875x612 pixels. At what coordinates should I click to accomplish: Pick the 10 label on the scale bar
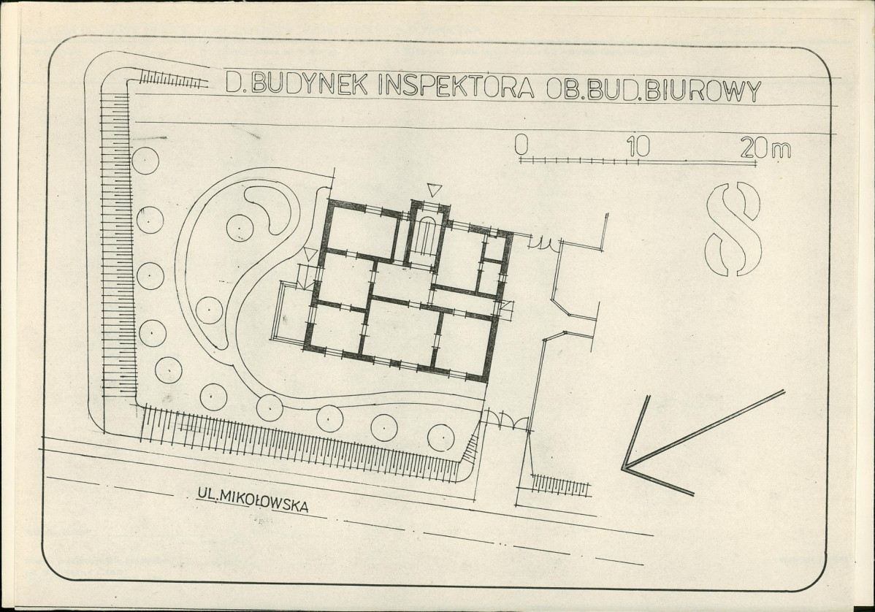[638, 146]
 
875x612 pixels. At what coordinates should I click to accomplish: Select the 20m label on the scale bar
[765, 148]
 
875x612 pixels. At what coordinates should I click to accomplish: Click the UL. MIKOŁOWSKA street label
[252, 500]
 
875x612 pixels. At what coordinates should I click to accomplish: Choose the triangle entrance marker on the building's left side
[310, 254]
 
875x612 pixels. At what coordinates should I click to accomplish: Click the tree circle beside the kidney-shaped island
[240, 228]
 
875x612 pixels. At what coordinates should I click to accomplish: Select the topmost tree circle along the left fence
[145, 161]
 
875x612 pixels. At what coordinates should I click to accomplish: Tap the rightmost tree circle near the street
[441, 437]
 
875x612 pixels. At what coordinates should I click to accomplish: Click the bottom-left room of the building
[337, 329]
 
